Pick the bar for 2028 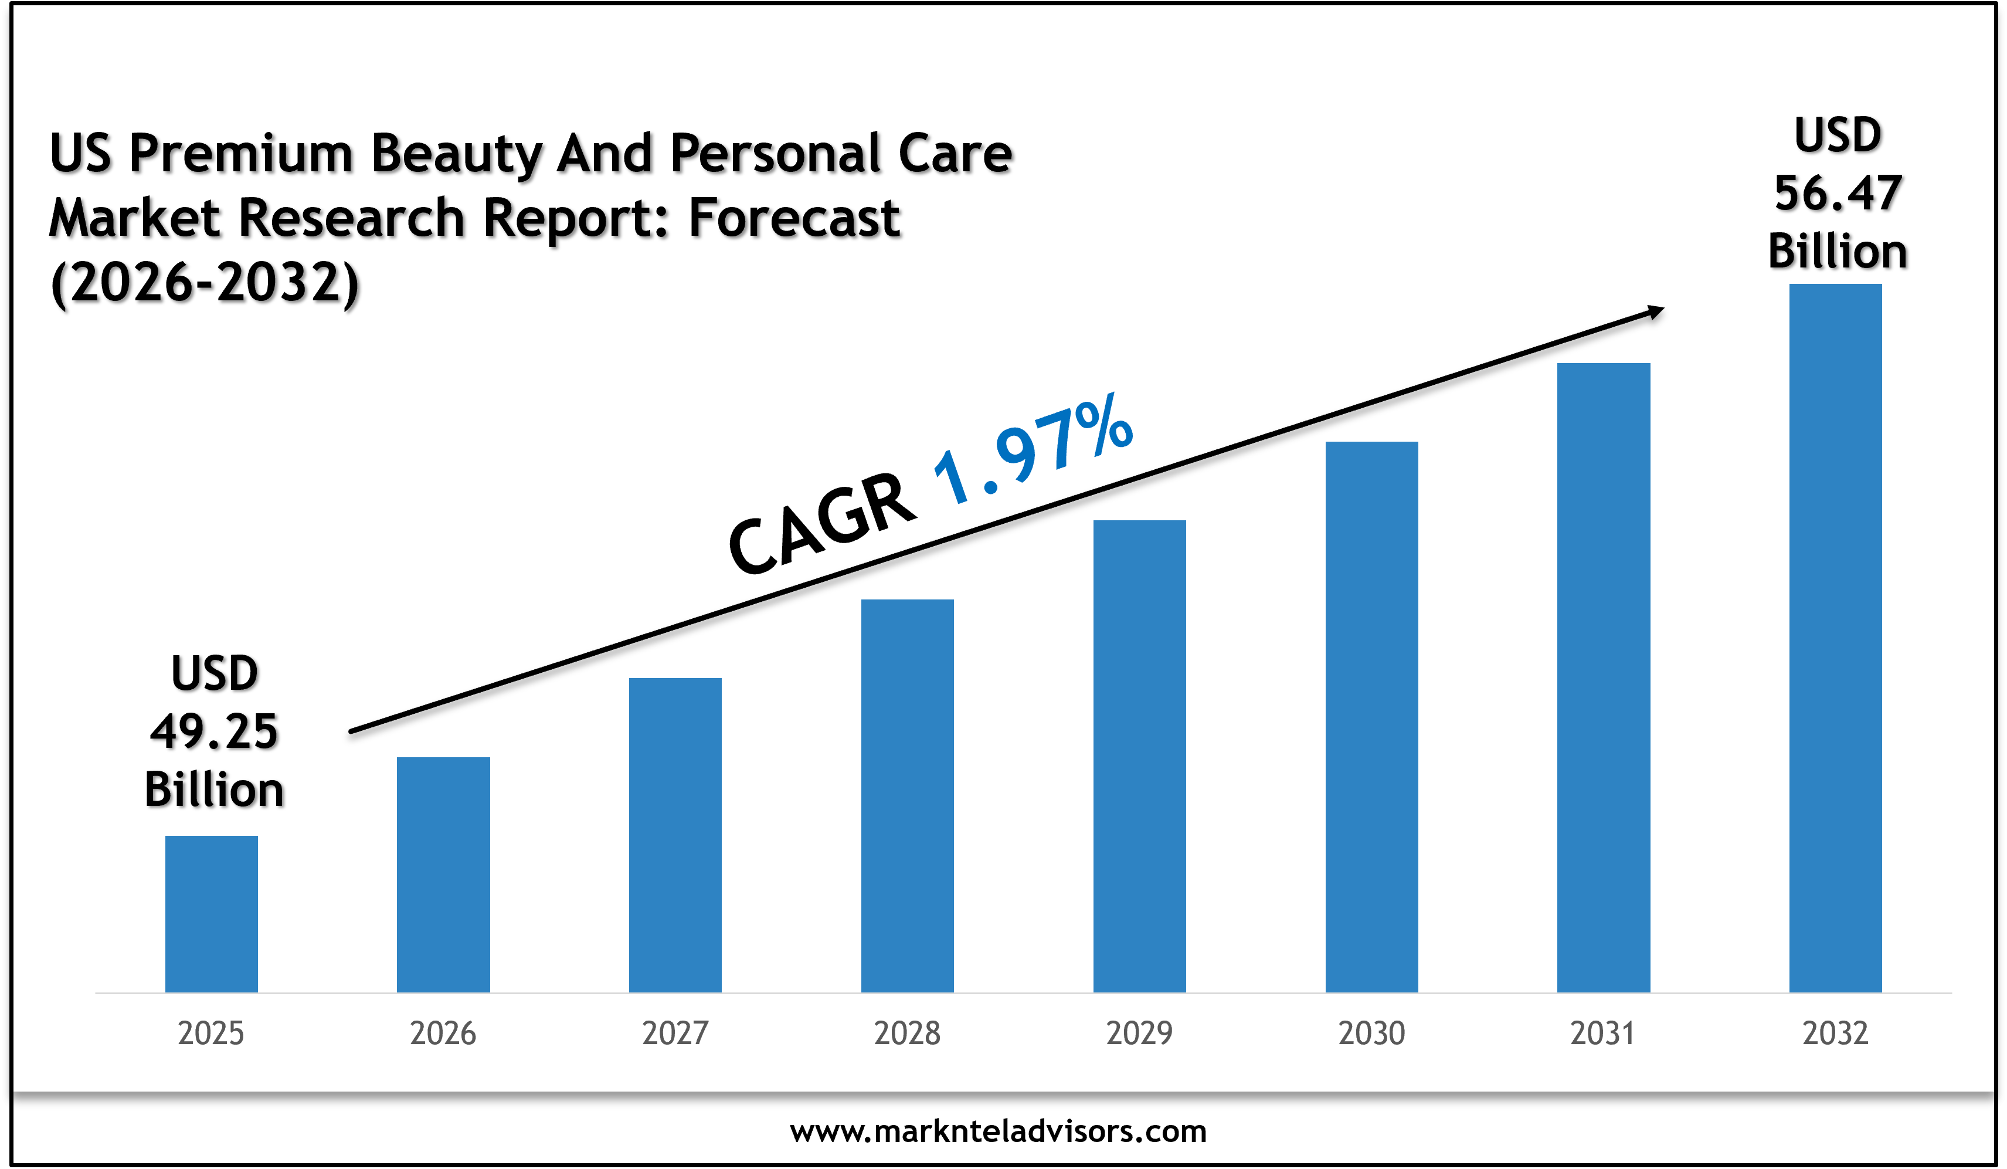click(x=907, y=795)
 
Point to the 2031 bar click(x=1603, y=677)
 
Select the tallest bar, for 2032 click(x=1835, y=638)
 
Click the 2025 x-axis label click(x=211, y=1034)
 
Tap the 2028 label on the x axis click(x=907, y=1034)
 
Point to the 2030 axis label click(x=1371, y=1034)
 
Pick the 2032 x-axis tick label click(x=1835, y=1034)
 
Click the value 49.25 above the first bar click(x=214, y=731)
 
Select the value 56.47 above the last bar click(x=1838, y=194)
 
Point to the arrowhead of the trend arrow click(x=1656, y=311)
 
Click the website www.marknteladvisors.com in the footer click(x=998, y=1131)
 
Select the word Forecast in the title click(x=794, y=218)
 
